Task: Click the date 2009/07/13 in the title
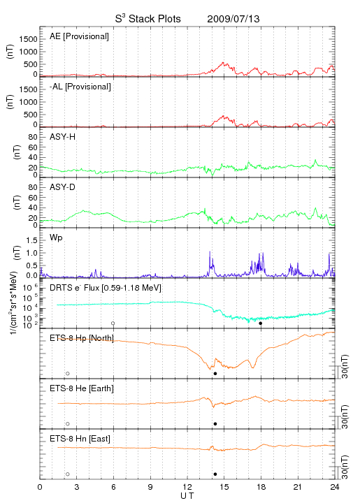[233, 19]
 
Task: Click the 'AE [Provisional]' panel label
[79, 36]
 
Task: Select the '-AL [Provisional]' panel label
[80, 87]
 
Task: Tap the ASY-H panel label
[63, 137]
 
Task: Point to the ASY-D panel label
[63, 187]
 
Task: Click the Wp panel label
[56, 238]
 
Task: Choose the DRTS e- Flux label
[106, 288]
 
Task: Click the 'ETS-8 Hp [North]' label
[82, 338]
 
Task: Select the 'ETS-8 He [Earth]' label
[82, 388]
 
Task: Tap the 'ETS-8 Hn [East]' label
[80, 439]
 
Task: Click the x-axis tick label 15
[224, 487]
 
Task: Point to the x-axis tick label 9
[150, 487]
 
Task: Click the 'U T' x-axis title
[187, 496]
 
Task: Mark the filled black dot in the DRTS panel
[261, 323]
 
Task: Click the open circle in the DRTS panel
[113, 323]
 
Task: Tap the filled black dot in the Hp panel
[215, 373]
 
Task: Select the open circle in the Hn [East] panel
[68, 474]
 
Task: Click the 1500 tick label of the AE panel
[28, 39]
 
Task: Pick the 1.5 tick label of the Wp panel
[31, 240]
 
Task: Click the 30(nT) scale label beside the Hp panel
[345, 367]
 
